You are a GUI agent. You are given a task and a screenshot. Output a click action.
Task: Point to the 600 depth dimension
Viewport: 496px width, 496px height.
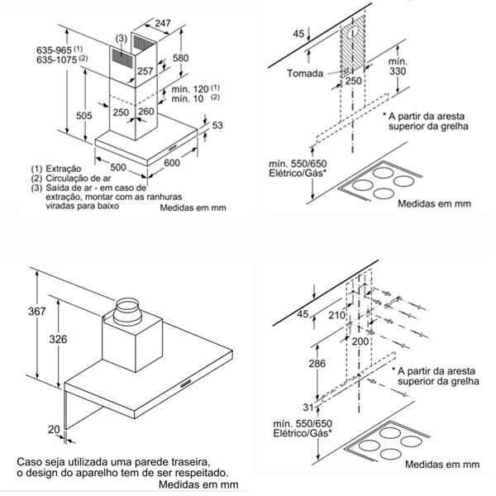171,164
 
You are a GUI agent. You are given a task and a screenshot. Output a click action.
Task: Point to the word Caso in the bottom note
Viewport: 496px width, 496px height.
30,460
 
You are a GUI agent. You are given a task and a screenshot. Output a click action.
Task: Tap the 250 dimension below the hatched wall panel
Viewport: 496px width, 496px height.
355,82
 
